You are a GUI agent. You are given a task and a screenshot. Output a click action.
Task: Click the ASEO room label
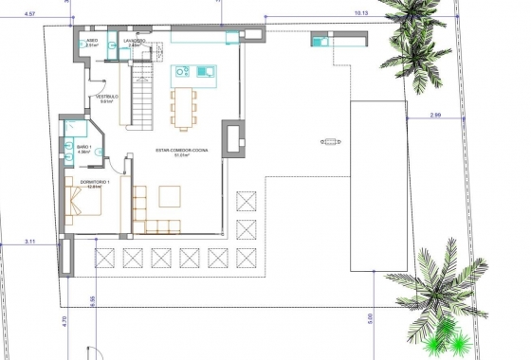[92, 42]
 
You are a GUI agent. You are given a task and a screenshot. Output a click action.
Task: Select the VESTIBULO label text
[105, 97]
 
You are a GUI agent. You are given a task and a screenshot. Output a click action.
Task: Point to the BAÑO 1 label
[83, 147]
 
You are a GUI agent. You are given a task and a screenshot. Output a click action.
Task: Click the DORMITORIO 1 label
[94, 181]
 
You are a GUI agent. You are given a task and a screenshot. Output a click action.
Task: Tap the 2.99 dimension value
[435, 115]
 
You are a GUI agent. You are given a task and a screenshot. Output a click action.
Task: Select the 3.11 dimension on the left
[30, 242]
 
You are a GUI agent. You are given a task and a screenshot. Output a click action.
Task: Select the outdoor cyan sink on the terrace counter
[318, 41]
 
